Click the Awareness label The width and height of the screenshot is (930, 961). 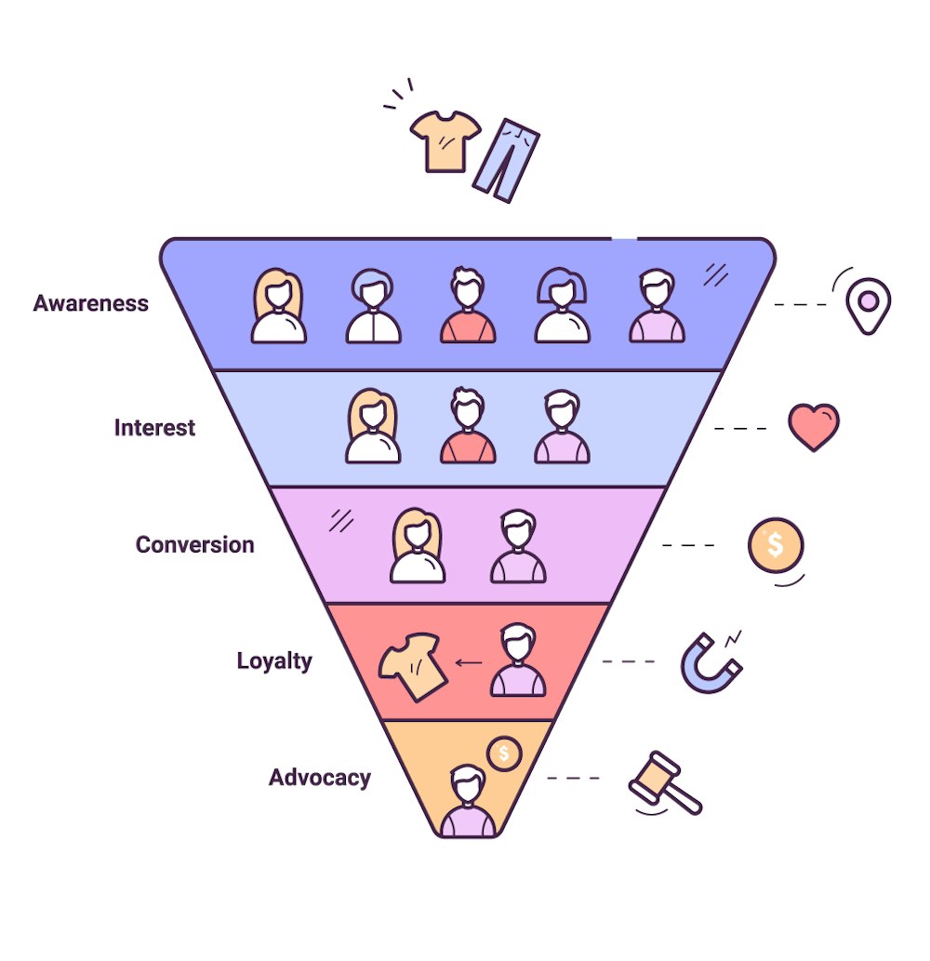(x=90, y=303)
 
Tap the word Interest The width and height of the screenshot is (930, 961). (x=154, y=428)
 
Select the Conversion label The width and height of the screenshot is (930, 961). (x=194, y=544)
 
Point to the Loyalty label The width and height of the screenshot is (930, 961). (x=274, y=661)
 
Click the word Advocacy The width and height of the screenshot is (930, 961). (x=319, y=778)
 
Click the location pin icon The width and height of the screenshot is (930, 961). (x=868, y=303)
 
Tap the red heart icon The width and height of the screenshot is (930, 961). (x=813, y=426)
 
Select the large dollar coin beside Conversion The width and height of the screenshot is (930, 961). (x=775, y=545)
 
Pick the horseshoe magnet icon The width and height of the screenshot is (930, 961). (x=709, y=661)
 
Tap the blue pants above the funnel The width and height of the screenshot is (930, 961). (x=505, y=159)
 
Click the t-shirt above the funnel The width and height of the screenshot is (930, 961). (x=445, y=140)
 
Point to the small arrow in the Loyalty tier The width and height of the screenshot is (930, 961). (x=469, y=663)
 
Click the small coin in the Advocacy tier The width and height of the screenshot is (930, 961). (x=503, y=753)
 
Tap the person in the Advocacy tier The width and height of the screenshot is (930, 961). (x=468, y=801)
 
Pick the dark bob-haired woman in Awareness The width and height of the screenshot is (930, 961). (x=562, y=306)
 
